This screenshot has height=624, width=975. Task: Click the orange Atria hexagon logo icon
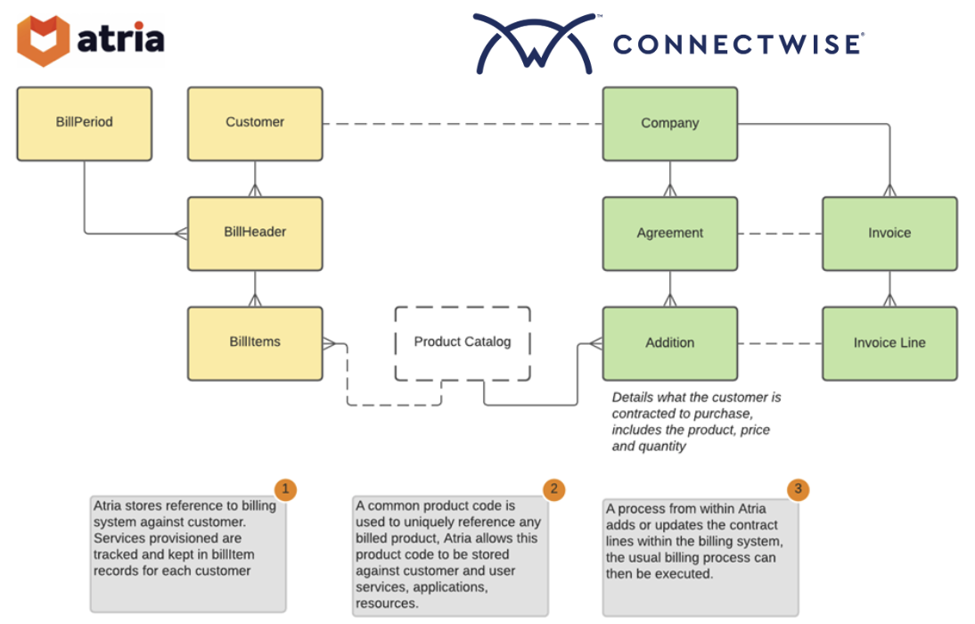(44, 40)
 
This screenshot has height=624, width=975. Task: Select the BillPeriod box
(85, 123)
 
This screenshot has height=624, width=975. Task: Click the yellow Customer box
(255, 123)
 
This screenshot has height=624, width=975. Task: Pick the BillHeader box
(255, 233)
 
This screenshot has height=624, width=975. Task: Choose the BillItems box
(255, 343)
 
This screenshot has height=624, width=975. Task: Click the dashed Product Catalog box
(463, 342)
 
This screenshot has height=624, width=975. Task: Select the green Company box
(669, 124)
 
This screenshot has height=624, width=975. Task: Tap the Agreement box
(669, 234)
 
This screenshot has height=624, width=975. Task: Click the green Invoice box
(889, 234)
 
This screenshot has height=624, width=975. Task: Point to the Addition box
(669, 343)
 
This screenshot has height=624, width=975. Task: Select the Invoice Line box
(889, 343)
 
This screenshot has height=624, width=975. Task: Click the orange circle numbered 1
(285, 489)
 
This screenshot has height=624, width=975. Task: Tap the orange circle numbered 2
(554, 489)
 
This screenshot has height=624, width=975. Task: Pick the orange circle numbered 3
(798, 489)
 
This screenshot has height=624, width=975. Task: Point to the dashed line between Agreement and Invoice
(780, 234)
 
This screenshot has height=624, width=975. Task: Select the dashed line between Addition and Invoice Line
(780, 343)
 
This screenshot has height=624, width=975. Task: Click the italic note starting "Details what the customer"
(696, 421)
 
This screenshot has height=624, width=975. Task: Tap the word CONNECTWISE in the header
(738, 44)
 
